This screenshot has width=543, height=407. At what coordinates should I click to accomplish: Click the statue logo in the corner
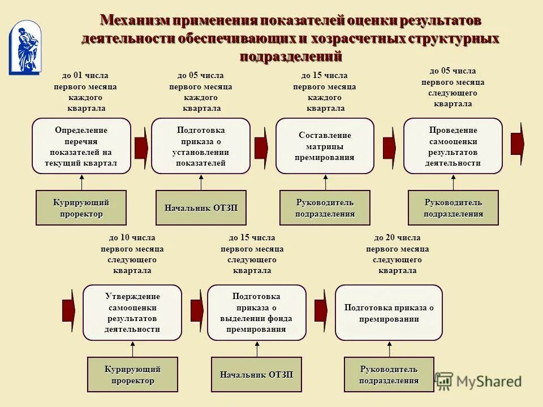coord(25,47)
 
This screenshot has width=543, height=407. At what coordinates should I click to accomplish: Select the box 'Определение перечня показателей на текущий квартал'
coord(81,146)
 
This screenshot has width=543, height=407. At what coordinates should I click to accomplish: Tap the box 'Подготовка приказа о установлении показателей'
coord(201,146)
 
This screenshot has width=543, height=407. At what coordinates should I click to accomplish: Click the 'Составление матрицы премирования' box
coord(325,146)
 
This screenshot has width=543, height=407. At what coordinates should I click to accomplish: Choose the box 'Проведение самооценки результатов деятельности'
coord(453,146)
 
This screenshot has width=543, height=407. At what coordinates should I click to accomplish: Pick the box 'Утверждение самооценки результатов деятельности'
coord(132,313)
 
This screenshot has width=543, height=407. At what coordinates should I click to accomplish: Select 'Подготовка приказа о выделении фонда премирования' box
coord(256,313)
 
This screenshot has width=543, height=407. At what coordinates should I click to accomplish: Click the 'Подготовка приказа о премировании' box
coord(389,313)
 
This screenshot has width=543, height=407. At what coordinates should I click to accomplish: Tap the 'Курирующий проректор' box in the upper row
coord(81,208)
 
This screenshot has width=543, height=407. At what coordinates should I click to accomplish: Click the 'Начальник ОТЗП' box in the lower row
coord(256,374)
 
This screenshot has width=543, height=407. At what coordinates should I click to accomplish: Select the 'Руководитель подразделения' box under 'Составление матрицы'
coord(325,208)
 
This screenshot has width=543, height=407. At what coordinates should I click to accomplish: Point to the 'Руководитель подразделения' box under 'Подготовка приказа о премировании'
coord(389,374)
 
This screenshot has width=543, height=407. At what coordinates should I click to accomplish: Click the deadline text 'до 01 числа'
coord(85,75)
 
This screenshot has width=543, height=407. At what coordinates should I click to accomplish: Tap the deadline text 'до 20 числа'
coord(397,238)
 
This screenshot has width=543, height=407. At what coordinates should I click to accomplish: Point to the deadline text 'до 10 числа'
coord(132,238)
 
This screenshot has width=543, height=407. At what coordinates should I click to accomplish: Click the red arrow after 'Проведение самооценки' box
coord(518,144)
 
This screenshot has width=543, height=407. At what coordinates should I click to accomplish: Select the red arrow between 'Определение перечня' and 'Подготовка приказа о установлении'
coord(141,146)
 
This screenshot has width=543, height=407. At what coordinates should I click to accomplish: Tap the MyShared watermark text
coord(489,382)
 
